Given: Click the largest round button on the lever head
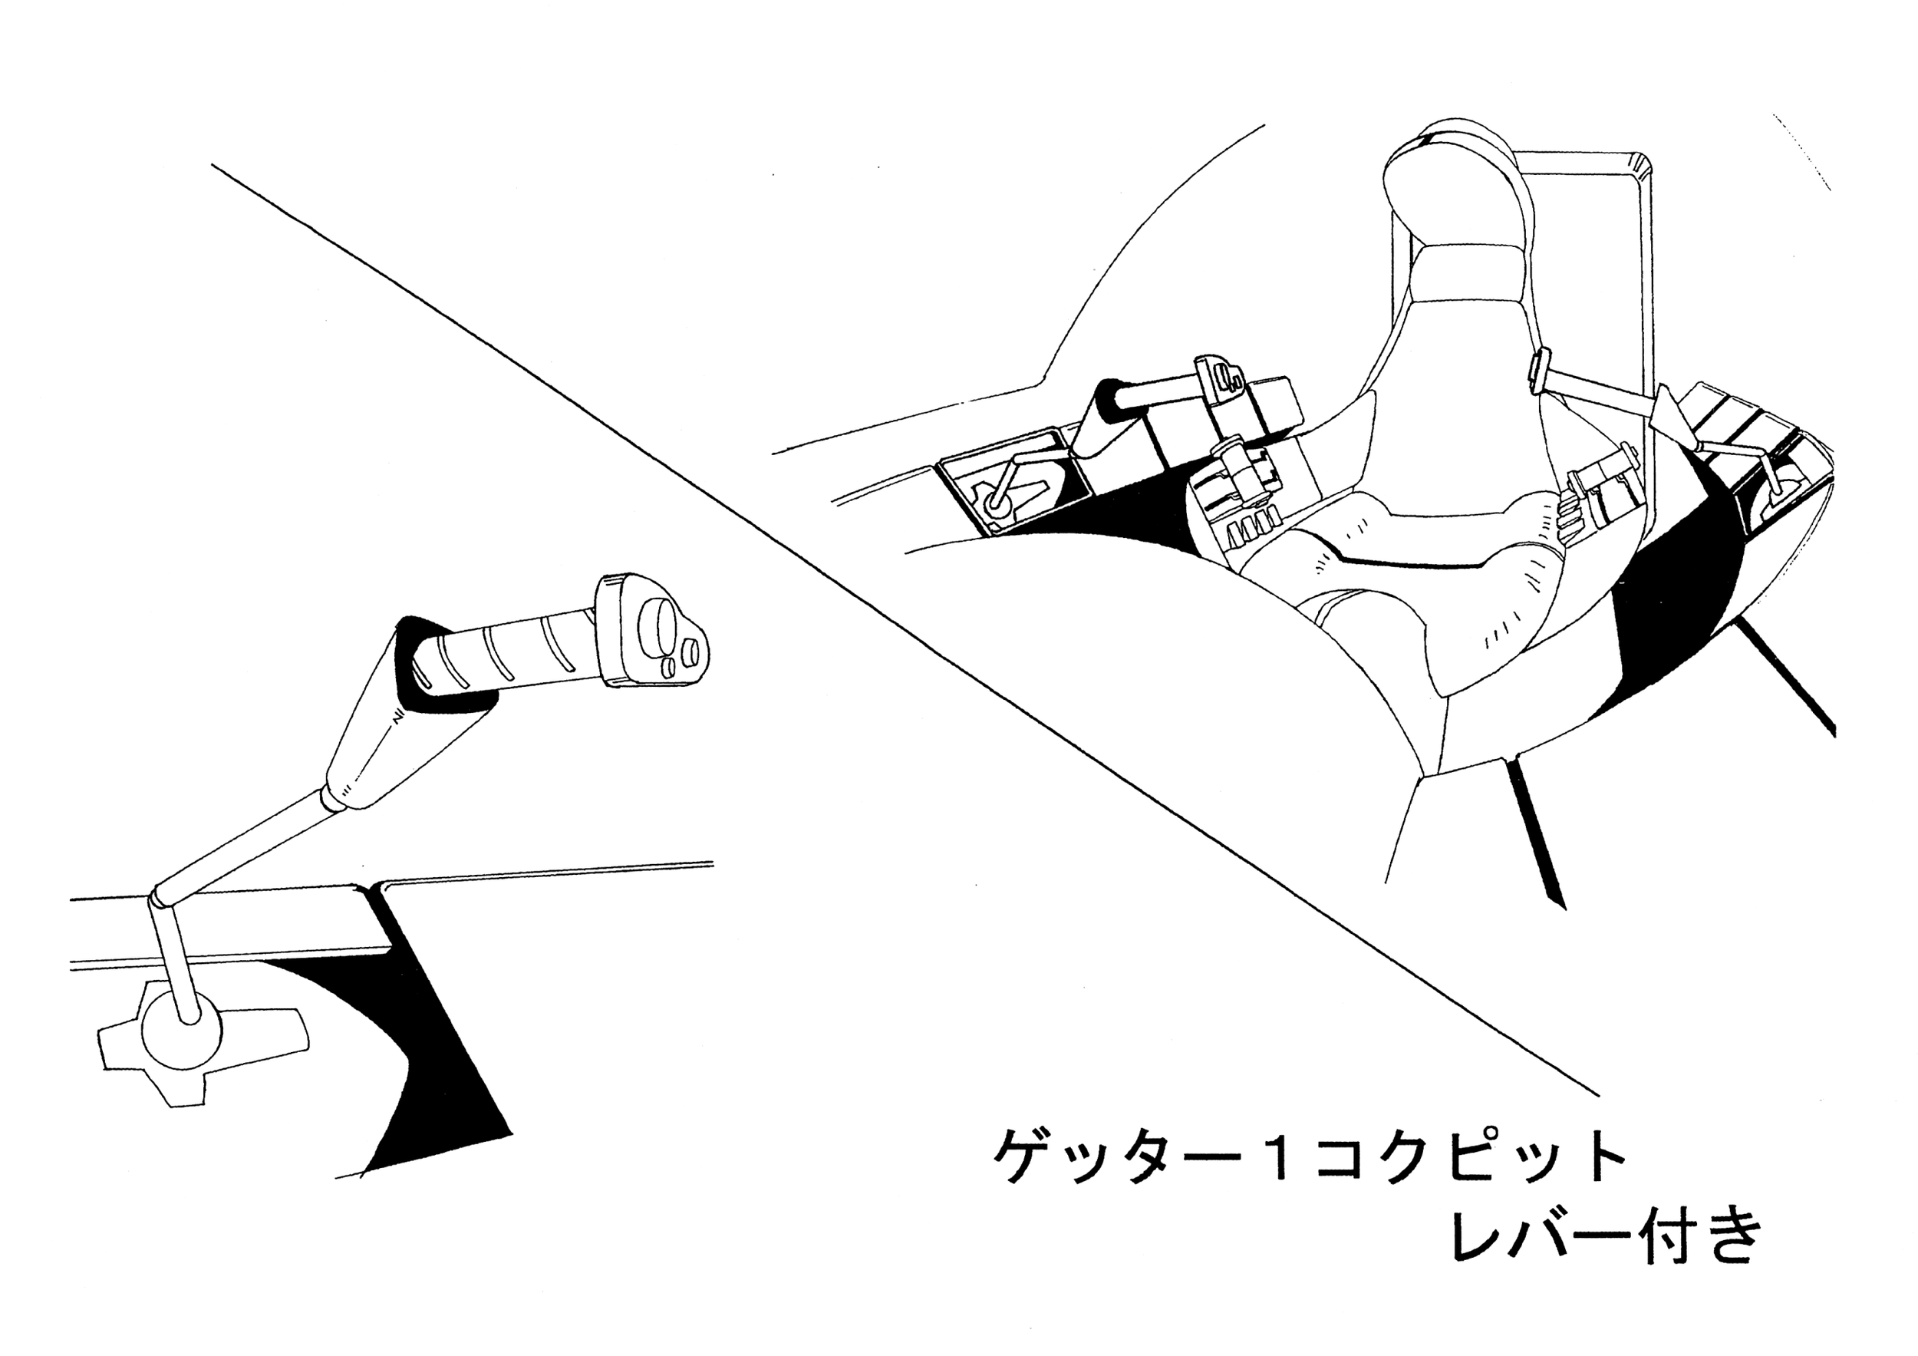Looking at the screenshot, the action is (x=655, y=624).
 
